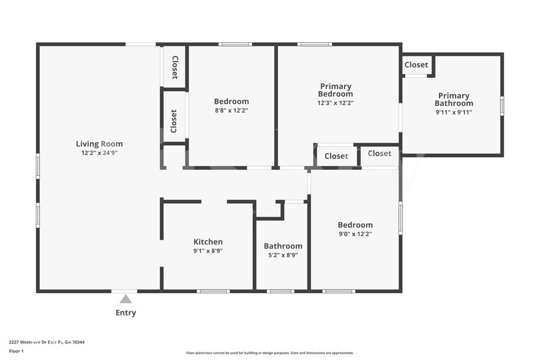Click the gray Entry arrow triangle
126,299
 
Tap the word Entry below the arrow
126,313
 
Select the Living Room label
95,144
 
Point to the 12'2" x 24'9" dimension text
95,153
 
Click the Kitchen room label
208,242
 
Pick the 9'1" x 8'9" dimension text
208,250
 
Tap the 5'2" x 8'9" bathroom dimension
283,255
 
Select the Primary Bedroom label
336,90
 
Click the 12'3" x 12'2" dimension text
336,103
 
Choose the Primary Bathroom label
454,99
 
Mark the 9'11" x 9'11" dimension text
454,112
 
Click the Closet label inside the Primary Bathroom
416,65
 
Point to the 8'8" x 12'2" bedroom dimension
231,111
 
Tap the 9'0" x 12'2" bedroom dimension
355,234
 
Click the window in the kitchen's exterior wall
213,291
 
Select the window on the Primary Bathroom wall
501,106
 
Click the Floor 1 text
16,351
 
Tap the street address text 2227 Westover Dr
47,342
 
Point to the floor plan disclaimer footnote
270,353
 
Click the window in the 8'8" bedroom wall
235,44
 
